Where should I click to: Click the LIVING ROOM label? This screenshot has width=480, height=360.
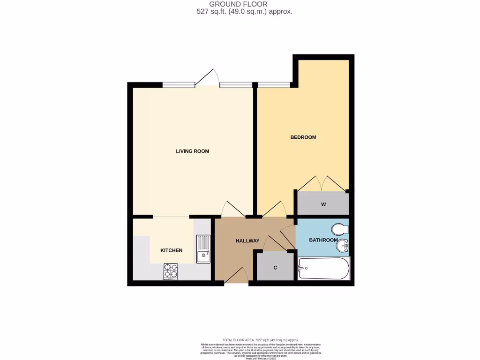click(x=192, y=151)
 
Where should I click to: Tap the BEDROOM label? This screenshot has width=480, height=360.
click(x=303, y=137)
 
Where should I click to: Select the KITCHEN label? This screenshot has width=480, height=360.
click(x=172, y=250)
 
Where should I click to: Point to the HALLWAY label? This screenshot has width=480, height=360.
click(x=247, y=241)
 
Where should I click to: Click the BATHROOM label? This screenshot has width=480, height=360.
click(x=323, y=240)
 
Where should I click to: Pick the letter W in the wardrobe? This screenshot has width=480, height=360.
click(x=323, y=204)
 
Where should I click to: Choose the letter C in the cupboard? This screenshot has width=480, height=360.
click(x=275, y=268)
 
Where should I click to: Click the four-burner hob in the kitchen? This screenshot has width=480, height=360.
click(x=171, y=271)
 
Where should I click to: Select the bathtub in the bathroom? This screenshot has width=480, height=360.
click(x=324, y=269)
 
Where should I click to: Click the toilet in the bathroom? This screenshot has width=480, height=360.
click(x=339, y=229)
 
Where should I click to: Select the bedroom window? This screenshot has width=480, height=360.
click(x=273, y=85)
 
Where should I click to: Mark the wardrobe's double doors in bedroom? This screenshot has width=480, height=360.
click(x=322, y=183)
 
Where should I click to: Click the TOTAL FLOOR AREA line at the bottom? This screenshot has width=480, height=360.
click(x=260, y=340)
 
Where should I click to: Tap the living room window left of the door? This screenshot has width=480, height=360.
click(x=178, y=85)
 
